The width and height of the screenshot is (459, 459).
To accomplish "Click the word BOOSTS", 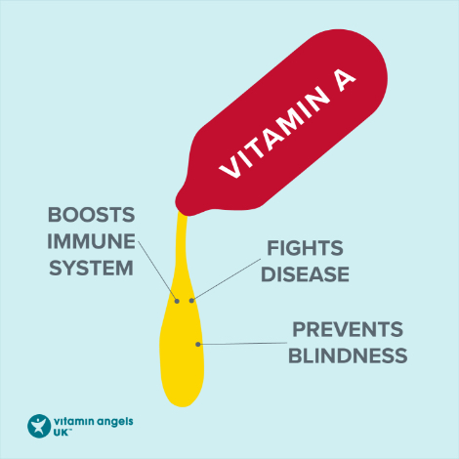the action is pos(91,215).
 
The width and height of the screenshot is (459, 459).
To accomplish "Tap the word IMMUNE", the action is pos(91,241).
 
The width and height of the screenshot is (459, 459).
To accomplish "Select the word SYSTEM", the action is pos(91,268).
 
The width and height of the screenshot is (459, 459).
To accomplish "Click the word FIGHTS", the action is pos(305,248).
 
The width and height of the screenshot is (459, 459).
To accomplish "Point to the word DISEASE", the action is pos(305,274).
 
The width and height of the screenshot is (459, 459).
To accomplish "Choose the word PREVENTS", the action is pos(348,329).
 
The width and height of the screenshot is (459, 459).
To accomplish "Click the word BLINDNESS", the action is pos(348,355).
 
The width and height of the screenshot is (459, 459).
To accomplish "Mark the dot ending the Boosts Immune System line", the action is pos(177,301).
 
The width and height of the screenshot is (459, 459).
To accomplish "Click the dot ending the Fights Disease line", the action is pos(191,301).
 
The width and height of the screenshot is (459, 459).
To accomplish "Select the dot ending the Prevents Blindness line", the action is pos(198,344).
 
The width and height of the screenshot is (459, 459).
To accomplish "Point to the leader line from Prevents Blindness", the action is pos(242,344).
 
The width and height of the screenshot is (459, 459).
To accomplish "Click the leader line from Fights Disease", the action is pos(227,280).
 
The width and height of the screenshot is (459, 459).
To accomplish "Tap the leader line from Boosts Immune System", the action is pos(157,271).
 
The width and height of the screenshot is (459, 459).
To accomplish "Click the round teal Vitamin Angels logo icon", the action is pos(39,426).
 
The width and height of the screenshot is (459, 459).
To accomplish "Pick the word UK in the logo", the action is pos(62,433).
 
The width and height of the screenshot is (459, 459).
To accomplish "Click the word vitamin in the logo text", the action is pos(74,421).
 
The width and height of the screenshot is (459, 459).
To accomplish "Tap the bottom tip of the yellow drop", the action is pos(183,407).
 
